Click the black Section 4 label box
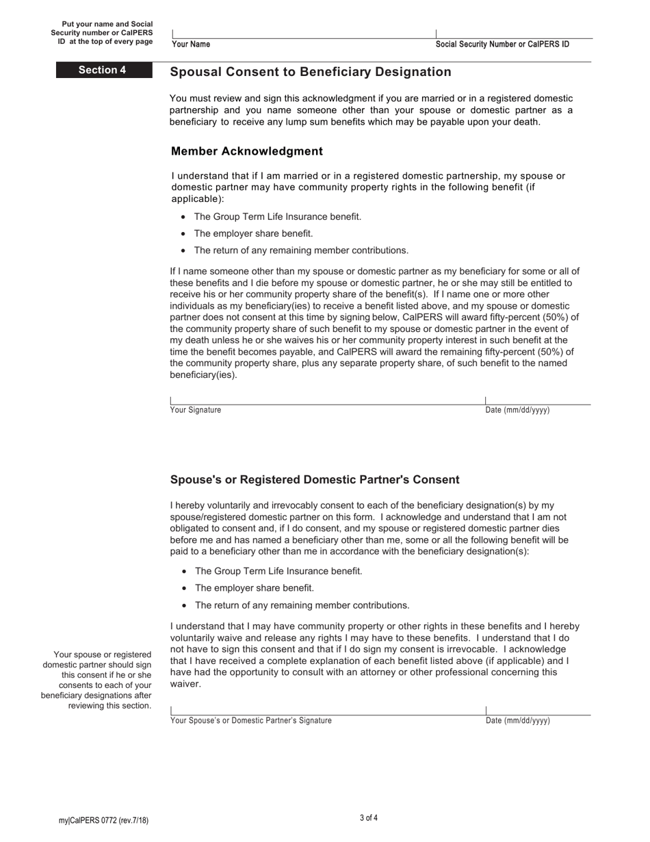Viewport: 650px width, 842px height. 103,70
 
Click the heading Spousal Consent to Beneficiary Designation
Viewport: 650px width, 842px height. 310,72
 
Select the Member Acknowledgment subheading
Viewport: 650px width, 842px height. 246,151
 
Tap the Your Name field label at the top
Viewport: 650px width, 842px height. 191,44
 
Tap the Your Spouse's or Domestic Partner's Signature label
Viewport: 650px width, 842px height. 250,721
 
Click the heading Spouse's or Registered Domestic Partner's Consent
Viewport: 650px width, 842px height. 315,480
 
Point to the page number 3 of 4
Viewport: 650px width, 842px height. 368,818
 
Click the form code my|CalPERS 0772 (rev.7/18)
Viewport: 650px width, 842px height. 103,821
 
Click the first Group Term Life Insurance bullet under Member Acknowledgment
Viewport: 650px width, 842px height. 277,217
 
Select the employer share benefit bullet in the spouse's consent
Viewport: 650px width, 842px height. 254,588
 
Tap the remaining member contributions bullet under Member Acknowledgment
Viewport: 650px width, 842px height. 301,251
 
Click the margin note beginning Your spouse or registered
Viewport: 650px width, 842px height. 96,680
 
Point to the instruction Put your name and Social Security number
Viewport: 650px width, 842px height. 102,33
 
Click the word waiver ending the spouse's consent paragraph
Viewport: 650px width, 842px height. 185,684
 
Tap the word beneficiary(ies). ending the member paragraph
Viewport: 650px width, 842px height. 203,375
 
